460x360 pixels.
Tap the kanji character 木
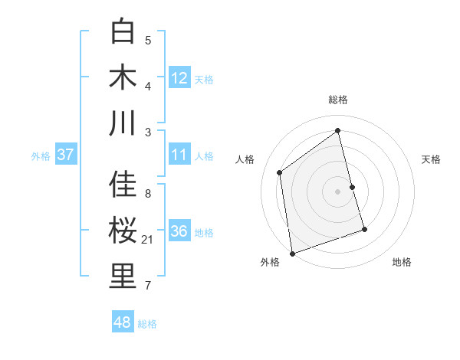pyautogui.click(x=123, y=77)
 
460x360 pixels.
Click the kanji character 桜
pyautogui.click(x=123, y=231)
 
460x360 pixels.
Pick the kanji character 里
pyautogui.click(x=123, y=277)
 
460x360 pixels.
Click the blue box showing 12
pyautogui.click(x=179, y=78)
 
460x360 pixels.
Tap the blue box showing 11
pyautogui.click(x=179, y=155)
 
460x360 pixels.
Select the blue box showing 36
pyautogui.click(x=179, y=231)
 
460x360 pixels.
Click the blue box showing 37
pyautogui.click(x=65, y=155)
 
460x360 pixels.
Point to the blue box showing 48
pyautogui.click(x=122, y=322)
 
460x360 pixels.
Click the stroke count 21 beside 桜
pyautogui.click(x=149, y=241)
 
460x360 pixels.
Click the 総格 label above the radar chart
pyautogui.click(x=338, y=100)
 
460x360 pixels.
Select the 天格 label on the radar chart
pyautogui.click(x=432, y=159)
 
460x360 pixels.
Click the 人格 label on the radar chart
pyautogui.click(x=245, y=159)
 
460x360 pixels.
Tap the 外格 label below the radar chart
pyautogui.click(x=269, y=262)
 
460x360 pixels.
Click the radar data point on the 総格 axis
pyautogui.click(x=338, y=130)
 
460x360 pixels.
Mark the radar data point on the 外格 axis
pyautogui.click(x=292, y=254)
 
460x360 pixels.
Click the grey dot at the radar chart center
pyautogui.click(x=338, y=191)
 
